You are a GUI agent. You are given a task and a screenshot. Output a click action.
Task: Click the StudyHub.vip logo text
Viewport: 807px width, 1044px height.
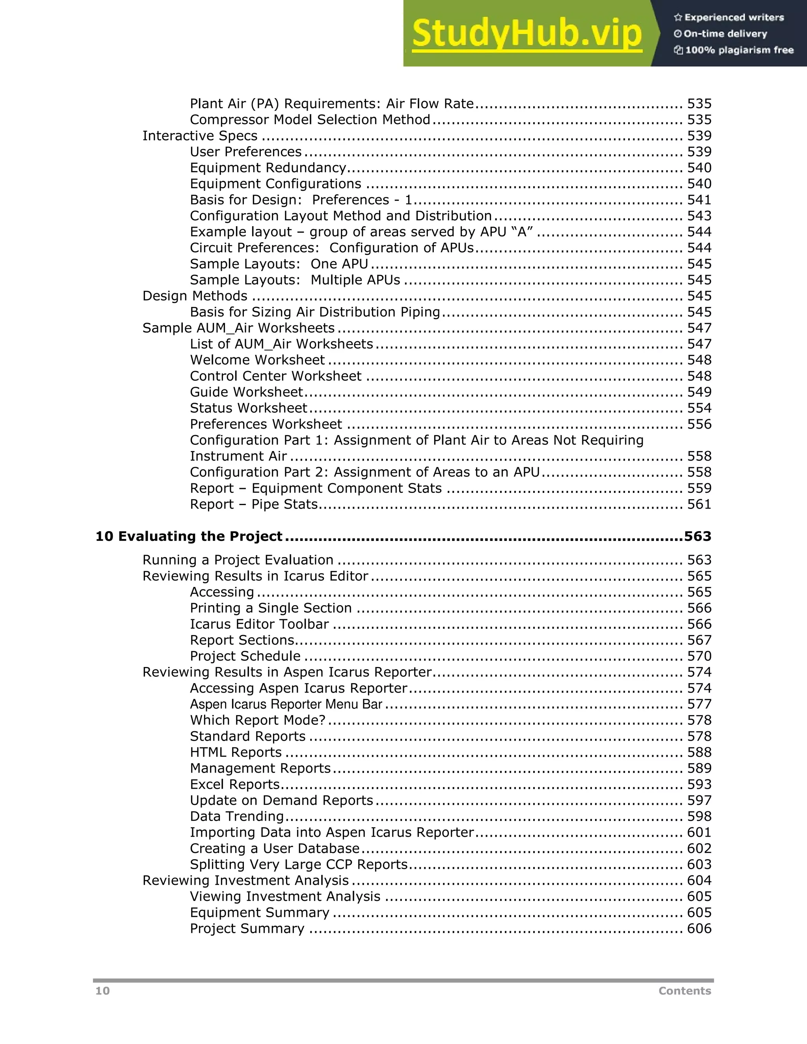coord(526,34)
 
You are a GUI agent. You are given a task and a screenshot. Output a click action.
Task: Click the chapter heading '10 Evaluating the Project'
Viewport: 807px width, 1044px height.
coord(189,536)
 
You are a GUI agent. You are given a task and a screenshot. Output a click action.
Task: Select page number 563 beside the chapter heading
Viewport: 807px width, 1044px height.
coord(697,536)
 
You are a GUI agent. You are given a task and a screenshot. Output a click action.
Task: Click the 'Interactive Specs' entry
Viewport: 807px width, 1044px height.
coord(200,136)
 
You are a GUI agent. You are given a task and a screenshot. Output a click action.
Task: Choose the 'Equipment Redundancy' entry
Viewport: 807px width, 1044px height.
coord(268,168)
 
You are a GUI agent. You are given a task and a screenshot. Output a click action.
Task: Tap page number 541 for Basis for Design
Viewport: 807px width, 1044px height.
coord(699,200)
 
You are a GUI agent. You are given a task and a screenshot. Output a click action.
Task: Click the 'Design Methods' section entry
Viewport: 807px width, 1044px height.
coord(195,296)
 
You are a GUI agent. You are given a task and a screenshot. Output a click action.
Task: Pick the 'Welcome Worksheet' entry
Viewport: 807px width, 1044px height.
coord(257,360)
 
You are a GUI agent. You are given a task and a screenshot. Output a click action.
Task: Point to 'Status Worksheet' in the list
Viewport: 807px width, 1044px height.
coord(248,408)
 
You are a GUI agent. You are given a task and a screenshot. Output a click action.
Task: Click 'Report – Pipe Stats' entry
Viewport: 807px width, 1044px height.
coord(253,504)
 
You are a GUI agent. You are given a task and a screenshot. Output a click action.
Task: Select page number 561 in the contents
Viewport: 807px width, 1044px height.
coord(699,504)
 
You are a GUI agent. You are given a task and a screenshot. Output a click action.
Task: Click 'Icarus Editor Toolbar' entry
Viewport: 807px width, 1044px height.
coord(259,624)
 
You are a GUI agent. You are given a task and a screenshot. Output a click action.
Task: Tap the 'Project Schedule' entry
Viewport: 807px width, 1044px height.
coord(245,656)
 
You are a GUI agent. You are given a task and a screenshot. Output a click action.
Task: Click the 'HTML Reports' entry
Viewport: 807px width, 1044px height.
coord(236,752)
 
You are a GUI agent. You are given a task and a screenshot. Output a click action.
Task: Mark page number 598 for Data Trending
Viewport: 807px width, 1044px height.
coord(699,816)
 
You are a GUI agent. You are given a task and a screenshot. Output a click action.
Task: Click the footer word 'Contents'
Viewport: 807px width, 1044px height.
coord(684,991)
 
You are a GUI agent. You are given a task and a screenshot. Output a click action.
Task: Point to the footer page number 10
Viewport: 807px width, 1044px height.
coord(102,991)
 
